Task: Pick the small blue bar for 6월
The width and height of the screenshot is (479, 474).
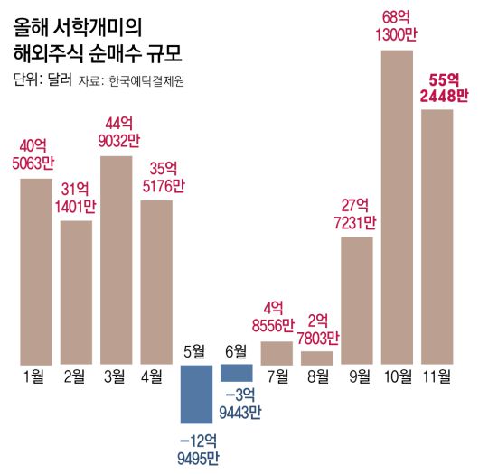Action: (236, 373)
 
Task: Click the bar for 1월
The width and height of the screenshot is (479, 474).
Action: (36, 271)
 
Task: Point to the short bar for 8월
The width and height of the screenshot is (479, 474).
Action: (316, 358)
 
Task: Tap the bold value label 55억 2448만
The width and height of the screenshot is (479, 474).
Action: (437, 88)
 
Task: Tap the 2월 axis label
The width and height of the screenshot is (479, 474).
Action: (76, 376)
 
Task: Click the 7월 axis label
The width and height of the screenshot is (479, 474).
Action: (277, 376)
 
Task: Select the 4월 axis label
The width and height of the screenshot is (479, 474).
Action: (156, 376)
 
